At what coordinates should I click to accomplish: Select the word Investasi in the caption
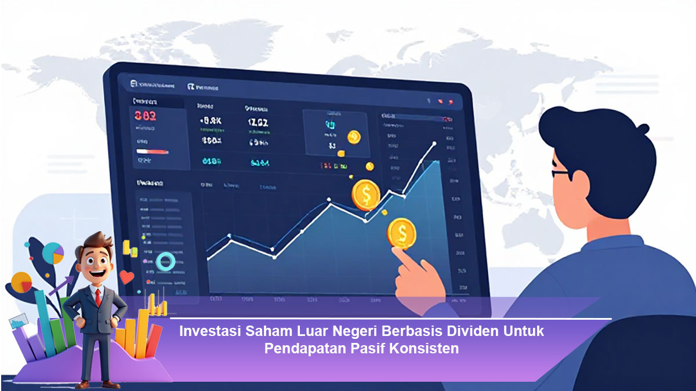(x=210, y=332)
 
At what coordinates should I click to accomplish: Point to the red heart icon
(x=127, y=276)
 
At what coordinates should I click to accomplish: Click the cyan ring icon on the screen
(x=165, y=261)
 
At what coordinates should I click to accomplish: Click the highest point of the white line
(x=434, y=142)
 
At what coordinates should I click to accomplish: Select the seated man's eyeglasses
(x=561, y=173)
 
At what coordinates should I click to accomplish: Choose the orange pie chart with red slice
(x=21, y=282)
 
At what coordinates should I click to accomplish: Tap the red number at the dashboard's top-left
(x=145, y=115)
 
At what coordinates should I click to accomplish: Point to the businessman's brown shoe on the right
(x=111, y=383)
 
